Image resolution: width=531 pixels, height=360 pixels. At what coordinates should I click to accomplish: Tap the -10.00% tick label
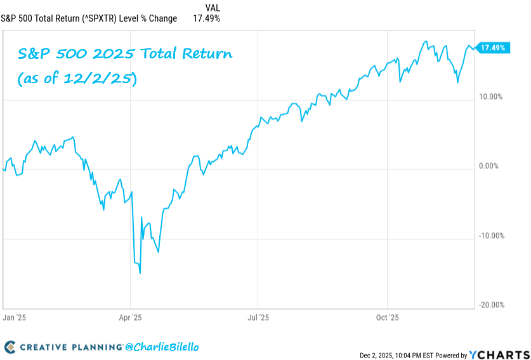(x=491, y=236)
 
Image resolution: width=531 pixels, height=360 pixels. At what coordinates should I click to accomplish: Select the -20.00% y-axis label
(x=491, y=305)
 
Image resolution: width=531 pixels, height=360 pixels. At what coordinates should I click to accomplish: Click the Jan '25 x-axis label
(x=13, y=316)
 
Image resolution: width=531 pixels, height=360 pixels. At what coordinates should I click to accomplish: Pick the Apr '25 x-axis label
(x=130, y=316)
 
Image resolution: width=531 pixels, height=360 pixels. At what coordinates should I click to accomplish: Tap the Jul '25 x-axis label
(x=258, y=316)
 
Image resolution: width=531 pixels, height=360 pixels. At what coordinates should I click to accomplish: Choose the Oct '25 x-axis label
(x=387, y=316)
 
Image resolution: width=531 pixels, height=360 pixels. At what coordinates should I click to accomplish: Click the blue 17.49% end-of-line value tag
(x=493, y=48)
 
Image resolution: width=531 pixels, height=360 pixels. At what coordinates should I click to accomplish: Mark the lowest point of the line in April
(x=140, y=273)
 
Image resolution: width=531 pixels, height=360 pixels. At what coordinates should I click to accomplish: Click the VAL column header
(x=213, y=8)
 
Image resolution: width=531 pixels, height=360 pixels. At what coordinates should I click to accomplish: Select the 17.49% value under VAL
(x=207, y=18)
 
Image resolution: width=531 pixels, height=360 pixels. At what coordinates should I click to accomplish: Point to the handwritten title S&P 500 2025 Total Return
(x=125, y=55)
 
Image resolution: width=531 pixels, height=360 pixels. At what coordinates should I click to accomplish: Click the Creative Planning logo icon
(x=10, y=347)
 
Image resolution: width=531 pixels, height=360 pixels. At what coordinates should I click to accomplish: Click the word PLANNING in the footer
(x=95, y=347)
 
